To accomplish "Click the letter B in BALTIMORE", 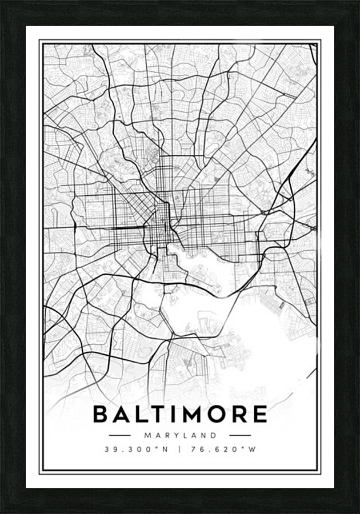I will pos(100,414).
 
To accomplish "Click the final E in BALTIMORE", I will pos(260,414).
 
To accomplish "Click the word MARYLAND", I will pos(180,435).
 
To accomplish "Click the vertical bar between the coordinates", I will pos(179,449).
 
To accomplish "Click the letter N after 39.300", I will pos(165,449).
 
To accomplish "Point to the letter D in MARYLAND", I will pos(214,435).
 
